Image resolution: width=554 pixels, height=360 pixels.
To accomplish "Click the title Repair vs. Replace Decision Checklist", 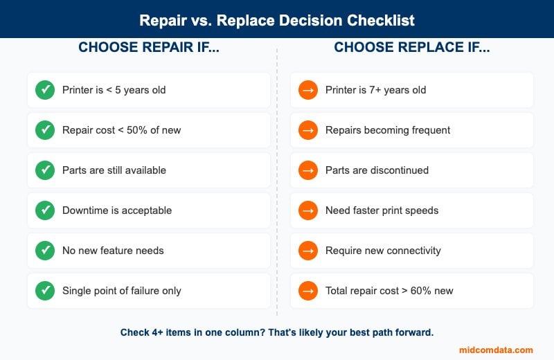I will pos(277,19).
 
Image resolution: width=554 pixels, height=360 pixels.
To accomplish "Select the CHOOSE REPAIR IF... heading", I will pos(148,48).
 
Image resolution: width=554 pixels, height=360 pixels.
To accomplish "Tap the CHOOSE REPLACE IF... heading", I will pos(411,48).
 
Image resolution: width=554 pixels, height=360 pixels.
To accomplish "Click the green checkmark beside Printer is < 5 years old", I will pos(45,90).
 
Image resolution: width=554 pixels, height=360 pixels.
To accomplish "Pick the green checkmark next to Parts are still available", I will pos(45,170).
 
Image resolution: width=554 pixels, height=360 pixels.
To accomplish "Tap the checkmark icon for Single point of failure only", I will pos(45,291).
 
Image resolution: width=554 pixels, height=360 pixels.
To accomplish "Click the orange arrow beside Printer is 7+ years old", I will pos(308,90).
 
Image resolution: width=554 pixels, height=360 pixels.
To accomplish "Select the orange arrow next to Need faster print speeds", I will pos(308,210).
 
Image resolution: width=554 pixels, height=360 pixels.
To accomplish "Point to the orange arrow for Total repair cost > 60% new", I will pos(308,291).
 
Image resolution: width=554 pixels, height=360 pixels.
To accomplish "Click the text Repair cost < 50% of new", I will pos(121,130).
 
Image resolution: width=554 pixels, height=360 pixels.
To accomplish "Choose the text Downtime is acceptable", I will pos(117,210).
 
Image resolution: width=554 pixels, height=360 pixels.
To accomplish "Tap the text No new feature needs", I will pos(113,251).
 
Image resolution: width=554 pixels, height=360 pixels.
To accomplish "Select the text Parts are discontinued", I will pos(377,170).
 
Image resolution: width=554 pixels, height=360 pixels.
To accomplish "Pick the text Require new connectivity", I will pos(383,251).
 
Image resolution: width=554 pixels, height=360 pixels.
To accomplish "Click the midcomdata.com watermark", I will pos(496,350).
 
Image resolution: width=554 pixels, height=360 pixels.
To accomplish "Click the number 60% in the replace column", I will pos(418,291).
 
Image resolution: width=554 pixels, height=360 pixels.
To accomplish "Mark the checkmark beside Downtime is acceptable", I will pos(45,210).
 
